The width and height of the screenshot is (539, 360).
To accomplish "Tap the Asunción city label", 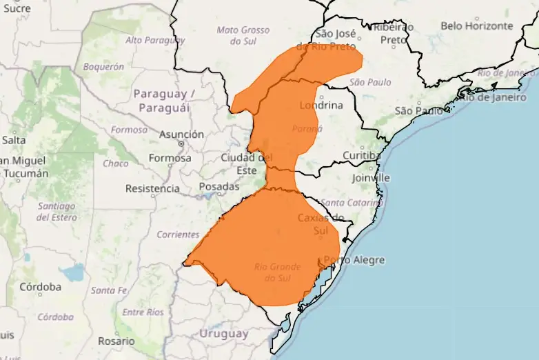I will coord(181,134).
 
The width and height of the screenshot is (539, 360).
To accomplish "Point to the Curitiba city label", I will coord(362,155).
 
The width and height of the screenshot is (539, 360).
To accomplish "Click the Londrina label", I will coord(321,106).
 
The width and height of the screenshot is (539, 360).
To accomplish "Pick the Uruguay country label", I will coord(223,334).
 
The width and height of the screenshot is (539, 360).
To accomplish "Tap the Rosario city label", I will coord(116,341).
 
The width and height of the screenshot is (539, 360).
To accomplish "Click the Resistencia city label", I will coord(152,188).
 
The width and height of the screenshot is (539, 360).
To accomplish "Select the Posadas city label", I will coord(219,186).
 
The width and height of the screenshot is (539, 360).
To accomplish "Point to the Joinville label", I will coord(370,177).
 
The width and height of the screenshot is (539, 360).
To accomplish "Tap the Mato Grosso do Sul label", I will coord(243,35).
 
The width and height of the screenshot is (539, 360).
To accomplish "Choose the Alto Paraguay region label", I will coord(155,40).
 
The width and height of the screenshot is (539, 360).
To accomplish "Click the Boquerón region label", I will coord(103,67).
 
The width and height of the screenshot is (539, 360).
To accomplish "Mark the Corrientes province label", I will coord(178,234).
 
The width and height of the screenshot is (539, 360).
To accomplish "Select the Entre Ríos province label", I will coord(143,312).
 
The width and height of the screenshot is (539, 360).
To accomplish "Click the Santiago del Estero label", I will coord(57,211).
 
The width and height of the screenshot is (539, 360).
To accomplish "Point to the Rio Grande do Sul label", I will coord(277,272).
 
